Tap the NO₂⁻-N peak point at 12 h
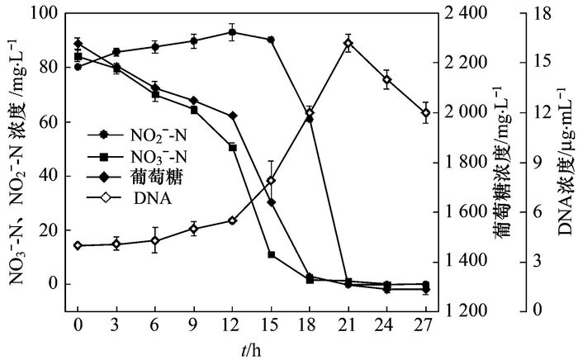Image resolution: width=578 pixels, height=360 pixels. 232,33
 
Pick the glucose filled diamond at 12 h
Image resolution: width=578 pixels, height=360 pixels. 232,116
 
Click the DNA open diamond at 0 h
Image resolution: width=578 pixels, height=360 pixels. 78,245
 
